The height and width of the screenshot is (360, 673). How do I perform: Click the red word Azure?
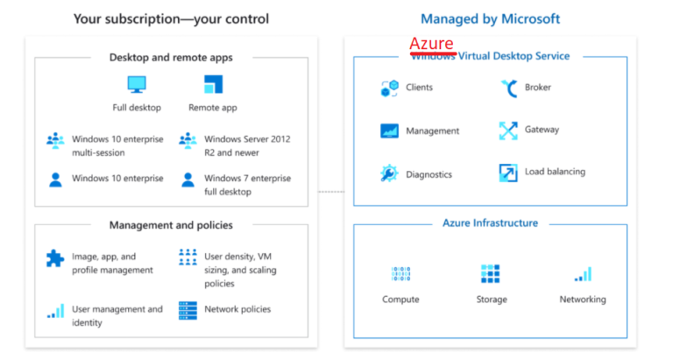[x=431, y=44]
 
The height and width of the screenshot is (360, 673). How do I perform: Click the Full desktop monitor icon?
[x=137, y=85]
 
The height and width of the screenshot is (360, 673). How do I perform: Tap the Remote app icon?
[x=213, y=85]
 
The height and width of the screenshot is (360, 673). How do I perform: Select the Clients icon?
[x=389, y=88]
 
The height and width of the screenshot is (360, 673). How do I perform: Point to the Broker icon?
[x=508, y=88]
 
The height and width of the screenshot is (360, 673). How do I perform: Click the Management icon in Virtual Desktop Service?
[x=389, y=131]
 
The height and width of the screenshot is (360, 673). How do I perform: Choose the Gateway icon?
[x=508, y=130]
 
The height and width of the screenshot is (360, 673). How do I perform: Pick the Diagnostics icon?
[x=389, y=173]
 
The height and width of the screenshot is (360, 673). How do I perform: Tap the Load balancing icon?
[x=508, y=173]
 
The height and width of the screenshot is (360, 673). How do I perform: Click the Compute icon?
[x=400, y=274]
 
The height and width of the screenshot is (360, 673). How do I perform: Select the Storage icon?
[x=491, y=274]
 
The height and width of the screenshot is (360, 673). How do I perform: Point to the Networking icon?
[x=583, y=274]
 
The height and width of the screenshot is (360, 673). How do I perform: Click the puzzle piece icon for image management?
[x=55, y=258]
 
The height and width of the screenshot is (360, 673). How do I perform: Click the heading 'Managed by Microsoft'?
[x=490, y=18]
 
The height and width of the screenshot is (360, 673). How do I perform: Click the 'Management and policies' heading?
[x=171, y=225]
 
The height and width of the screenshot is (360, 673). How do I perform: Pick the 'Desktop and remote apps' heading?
[x=171, y=58]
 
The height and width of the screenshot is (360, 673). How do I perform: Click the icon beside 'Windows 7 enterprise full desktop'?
[x=188, y=180]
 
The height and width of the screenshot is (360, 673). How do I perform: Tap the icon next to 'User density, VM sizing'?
[x=188, y=257]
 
